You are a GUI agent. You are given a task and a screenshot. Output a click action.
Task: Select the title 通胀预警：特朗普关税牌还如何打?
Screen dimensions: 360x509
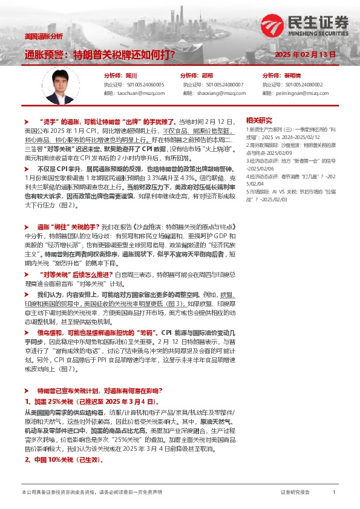100,54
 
